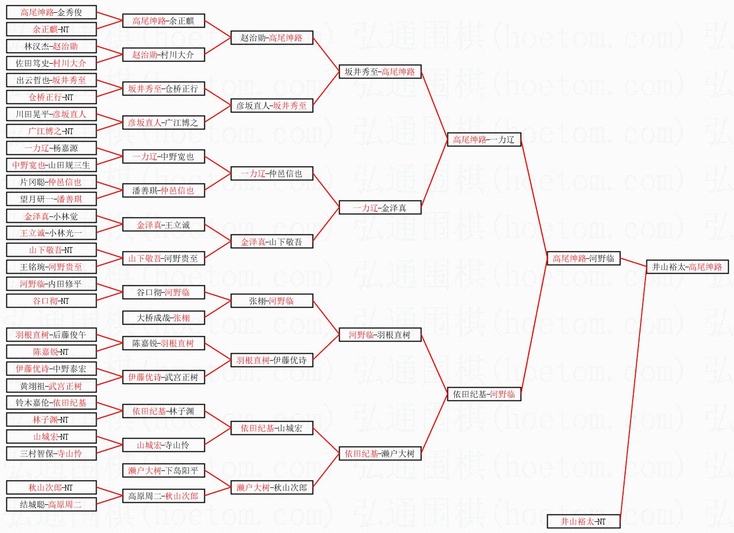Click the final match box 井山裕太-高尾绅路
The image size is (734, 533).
[687, 267]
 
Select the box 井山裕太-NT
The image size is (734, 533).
[583, 521]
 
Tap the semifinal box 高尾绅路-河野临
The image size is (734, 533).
[583, 258]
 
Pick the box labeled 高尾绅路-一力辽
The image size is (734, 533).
[483, 139]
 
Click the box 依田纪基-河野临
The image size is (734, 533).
[483, 394]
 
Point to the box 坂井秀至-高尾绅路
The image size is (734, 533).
[379, 72]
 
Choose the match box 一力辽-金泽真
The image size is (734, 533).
[379, 208]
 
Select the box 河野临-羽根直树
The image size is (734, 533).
[379, 335]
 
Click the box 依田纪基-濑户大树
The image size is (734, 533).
[379, 453]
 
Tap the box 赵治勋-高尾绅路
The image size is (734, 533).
[272, 38]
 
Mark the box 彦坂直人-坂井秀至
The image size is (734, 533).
[272, 106]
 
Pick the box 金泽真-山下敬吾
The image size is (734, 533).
[272, 242]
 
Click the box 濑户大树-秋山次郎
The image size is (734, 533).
[272, 487]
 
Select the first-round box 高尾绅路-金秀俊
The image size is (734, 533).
[51, 12]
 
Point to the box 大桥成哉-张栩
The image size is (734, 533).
[163, 318]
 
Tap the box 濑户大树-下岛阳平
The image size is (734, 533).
[163, 470]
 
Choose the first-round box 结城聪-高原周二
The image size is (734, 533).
[51, 504]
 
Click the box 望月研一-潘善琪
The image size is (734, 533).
[51, 199]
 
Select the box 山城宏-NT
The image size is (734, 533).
[51, 436]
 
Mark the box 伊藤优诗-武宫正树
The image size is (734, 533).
[163, 377]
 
